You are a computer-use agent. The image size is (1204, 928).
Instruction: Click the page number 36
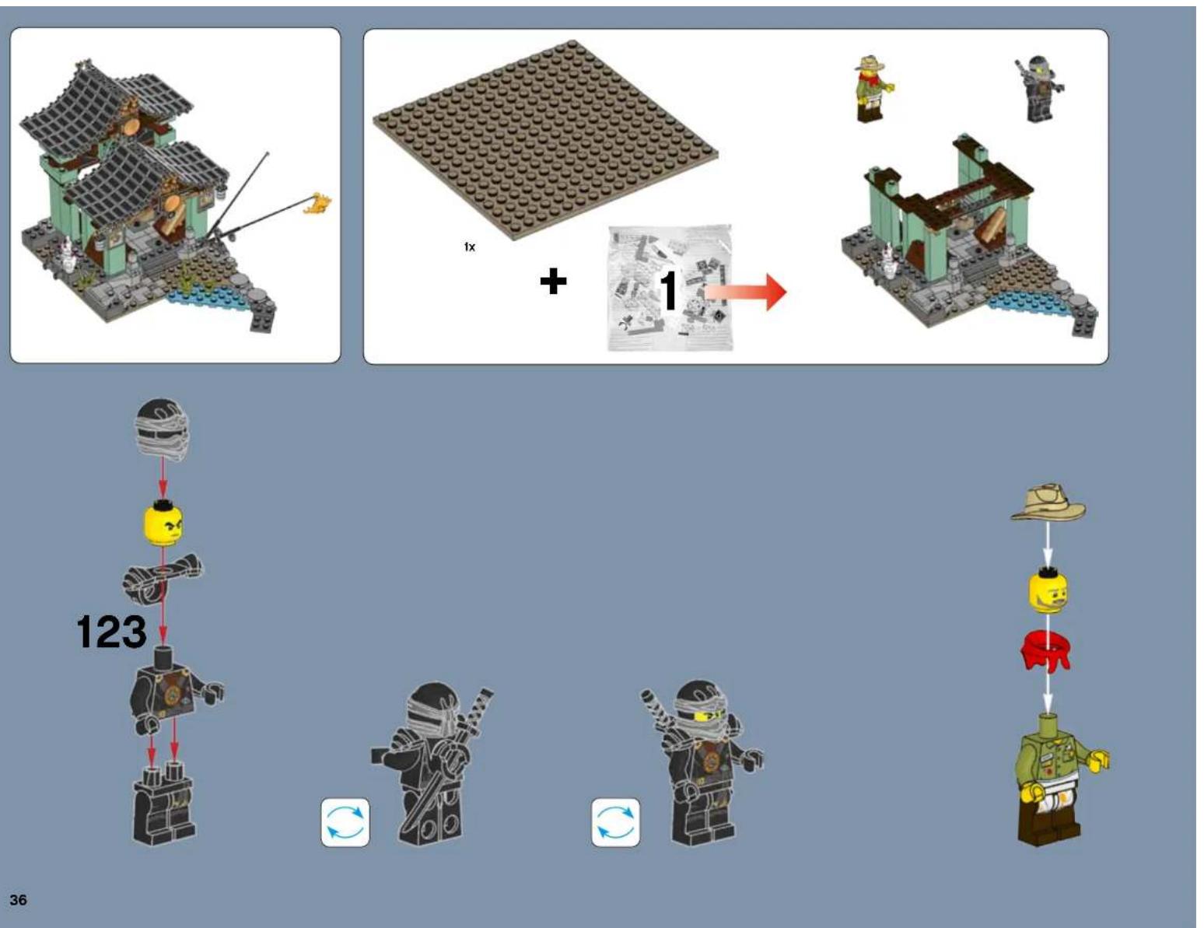[x=18, y=900]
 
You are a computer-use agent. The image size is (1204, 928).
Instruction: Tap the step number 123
[x=111, y=632]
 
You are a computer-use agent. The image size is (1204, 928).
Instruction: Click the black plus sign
[x=553, y=281]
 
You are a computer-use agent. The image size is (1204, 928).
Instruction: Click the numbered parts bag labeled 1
[x=669, y=288]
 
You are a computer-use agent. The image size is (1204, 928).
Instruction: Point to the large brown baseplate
[x=544, y=140]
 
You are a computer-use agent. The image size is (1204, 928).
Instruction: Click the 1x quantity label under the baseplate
[x=469, y=247]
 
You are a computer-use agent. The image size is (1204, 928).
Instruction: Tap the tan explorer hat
[x=1048, y=503]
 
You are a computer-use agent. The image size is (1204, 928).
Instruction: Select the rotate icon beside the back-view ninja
[x=345, y=822]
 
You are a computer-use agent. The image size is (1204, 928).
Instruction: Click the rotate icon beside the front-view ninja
[x=615, y=822]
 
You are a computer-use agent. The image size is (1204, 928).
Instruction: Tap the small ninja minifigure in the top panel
[x=1038, y=89]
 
